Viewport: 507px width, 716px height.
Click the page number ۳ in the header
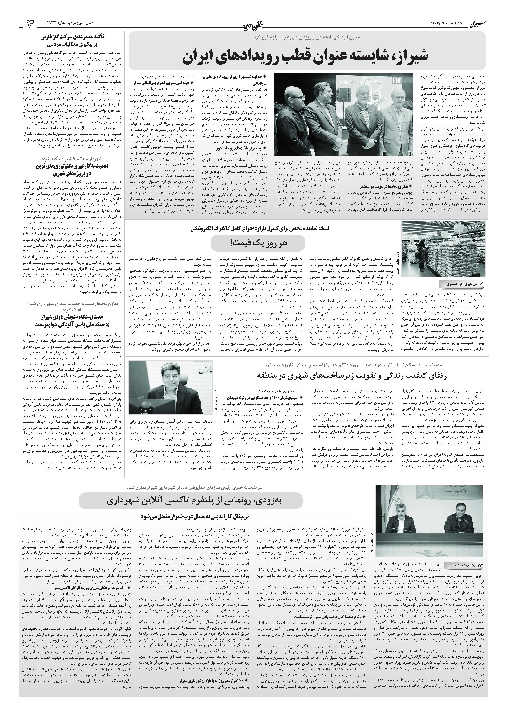point(31,24)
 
